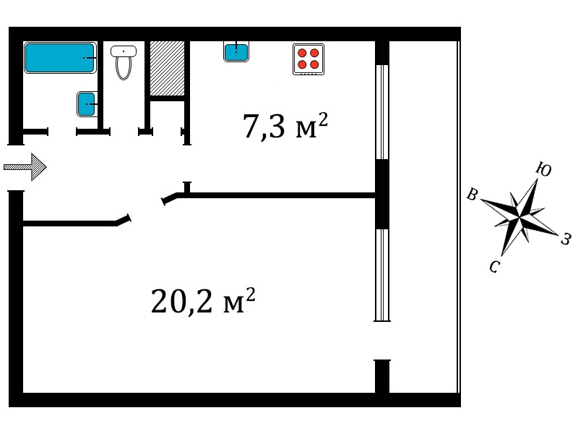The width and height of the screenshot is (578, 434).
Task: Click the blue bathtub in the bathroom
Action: pos(60,58)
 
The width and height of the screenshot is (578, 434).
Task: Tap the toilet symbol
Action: pos(124,62)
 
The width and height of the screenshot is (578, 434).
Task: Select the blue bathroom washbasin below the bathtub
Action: pos(87,104)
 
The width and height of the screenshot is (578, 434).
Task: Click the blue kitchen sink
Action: pos(236,51)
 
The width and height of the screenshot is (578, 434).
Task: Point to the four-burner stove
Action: pos(309,59)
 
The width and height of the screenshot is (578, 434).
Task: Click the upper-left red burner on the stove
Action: pos(302,53)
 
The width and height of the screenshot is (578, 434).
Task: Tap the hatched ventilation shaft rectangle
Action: pos(167,68)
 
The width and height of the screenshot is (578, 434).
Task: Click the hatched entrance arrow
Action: pos(25,167)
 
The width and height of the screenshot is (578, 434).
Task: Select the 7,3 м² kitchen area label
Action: pos(285,126)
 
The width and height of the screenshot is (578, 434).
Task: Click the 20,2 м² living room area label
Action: pos(203,301)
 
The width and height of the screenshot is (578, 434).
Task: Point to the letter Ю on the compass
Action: pos(543,169)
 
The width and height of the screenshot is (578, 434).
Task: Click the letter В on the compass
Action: pos(473,194)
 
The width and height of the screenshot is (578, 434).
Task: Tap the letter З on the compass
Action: pos(566,239)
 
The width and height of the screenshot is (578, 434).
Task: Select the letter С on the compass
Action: pos(495,266)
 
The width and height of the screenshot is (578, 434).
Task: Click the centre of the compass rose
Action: pos(519,218)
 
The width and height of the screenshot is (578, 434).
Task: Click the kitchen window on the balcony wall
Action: pos(382,112)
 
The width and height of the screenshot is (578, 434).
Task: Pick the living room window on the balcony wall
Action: pos(382,275)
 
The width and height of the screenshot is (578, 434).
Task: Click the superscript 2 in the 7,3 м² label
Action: pos(323,119)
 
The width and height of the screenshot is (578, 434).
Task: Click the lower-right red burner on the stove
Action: pos(314,65)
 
